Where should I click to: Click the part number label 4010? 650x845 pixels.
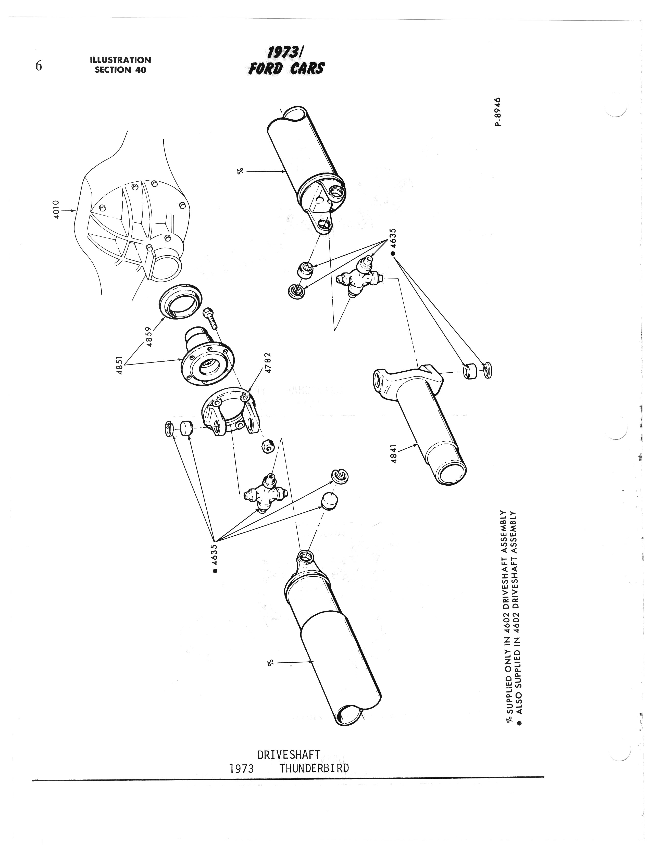pyautogui.click(x=56, y=210)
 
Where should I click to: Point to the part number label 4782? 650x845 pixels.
pyautogui.click(x=268, y=362)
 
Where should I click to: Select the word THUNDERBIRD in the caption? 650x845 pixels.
pyautogui.click(x=314, y=768)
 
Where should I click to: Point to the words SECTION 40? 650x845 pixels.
pyautogui.click(x=120, y=70)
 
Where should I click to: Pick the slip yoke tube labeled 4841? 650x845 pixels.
pyautogui.click(x=420, y=422)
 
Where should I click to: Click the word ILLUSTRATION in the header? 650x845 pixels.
pyautogui.click(x=120, y=60)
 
